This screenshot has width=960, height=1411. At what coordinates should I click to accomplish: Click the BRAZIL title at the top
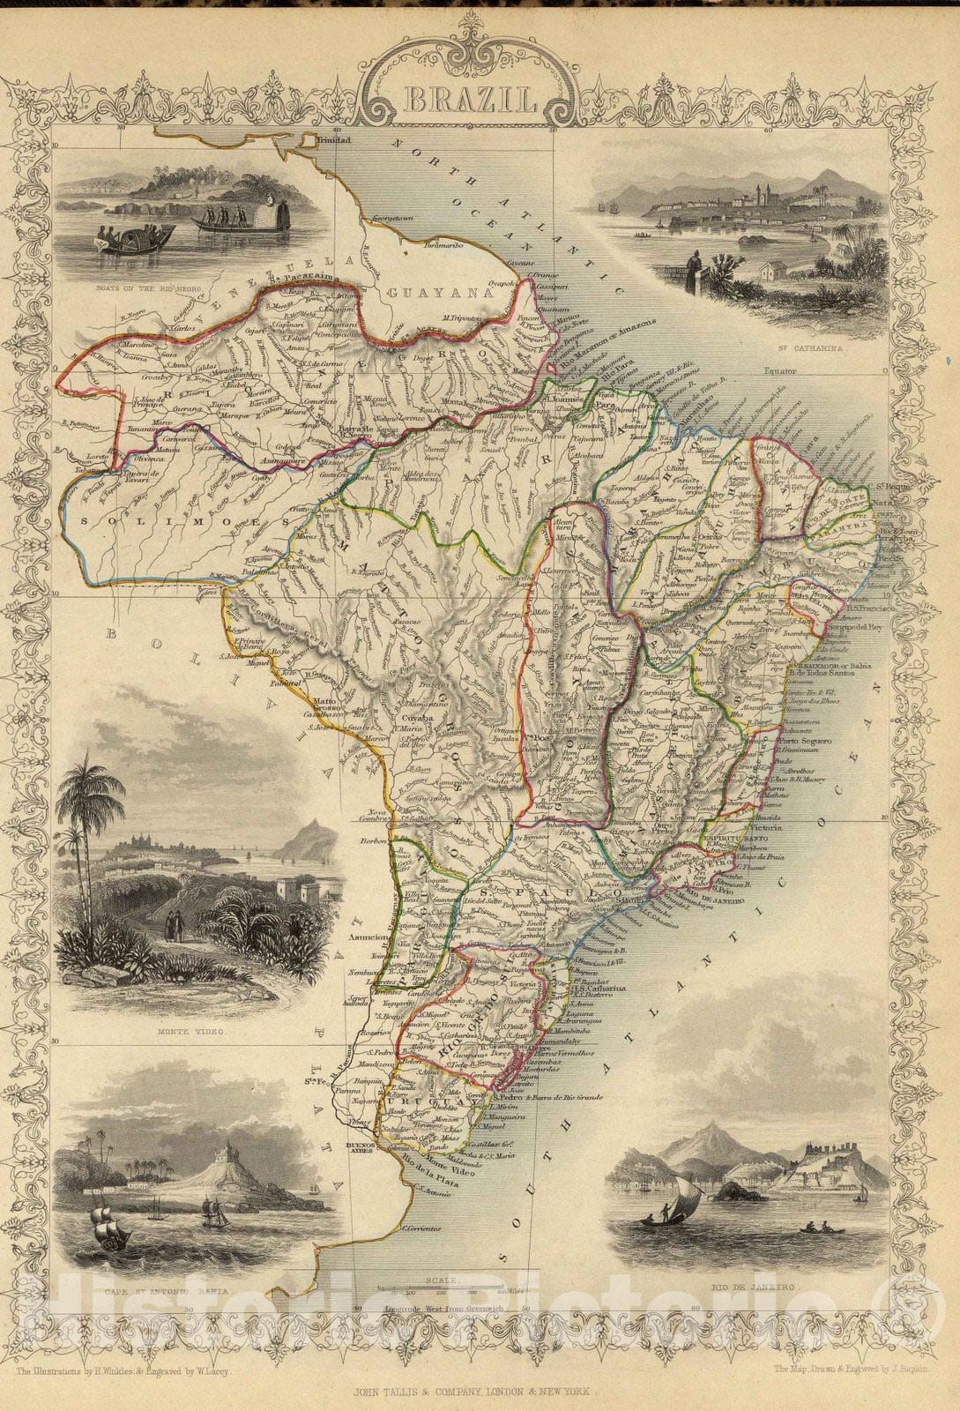click(x=470, y=99)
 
